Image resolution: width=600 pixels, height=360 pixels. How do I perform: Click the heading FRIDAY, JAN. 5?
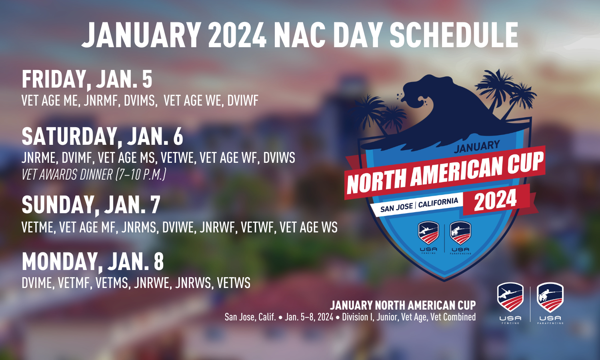point(87,79)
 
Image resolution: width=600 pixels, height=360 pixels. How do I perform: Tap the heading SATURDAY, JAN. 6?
point(102,137)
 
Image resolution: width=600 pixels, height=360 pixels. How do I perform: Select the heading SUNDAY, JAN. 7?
point(91,205)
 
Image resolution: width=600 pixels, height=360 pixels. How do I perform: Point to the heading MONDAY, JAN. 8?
point(93,262)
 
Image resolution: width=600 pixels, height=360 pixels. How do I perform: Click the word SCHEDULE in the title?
point(454,35)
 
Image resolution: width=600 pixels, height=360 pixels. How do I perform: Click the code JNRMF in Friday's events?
point(101,101)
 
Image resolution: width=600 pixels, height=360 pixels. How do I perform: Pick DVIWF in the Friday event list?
point(243,101)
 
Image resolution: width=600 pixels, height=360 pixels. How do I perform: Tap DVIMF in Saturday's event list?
point(77,158)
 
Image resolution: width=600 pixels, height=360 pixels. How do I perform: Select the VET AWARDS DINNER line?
point(94,175)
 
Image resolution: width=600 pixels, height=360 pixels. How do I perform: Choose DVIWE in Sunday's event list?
point(178,228)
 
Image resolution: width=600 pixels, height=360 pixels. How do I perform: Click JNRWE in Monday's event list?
point(152,283)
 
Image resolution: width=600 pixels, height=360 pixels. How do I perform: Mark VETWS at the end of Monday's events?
point(234,283)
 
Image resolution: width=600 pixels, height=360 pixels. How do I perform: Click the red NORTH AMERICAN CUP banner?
point(445,173)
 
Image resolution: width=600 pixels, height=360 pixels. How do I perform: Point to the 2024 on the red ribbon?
point(496,200)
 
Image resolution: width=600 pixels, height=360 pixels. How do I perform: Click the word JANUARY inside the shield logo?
point(477,146)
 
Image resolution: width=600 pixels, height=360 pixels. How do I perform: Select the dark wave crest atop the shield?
point(434,112)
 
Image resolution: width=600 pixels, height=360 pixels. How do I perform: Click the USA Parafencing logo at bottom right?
point(550,303)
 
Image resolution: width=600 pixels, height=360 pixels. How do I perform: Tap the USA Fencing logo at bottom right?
point(510,303)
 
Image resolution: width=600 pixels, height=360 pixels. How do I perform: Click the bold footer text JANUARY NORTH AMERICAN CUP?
point(403,305)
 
